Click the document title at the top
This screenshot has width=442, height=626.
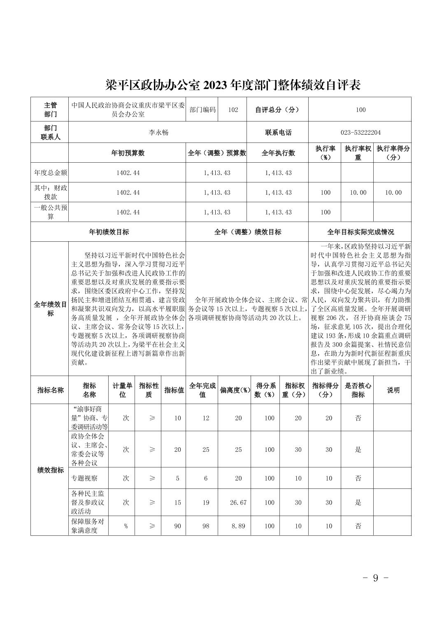point(233,85)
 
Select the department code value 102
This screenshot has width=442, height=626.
point(233,110)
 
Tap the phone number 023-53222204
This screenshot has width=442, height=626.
point(360,133)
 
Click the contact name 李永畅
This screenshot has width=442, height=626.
point(158,133)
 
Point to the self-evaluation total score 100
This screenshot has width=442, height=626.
point(361,110)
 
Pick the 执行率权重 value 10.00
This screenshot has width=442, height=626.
point(358,193)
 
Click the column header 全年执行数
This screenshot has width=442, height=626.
point(278,153)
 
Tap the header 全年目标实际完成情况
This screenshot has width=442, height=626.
point(360,232)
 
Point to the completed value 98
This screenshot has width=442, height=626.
point(206,526)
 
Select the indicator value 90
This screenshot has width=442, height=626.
point(177,526)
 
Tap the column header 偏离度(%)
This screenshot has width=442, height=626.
point(235,390)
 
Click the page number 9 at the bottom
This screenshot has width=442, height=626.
point(375,578)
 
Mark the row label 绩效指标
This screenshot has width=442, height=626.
point(50,470)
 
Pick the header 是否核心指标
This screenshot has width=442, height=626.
point(358,390)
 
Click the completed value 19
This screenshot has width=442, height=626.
point(206,502)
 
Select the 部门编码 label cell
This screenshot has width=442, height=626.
point(202,110)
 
